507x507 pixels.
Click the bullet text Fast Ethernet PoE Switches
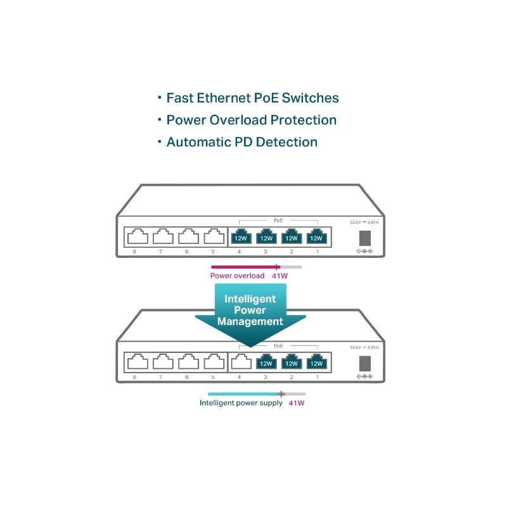(x=252, y=98)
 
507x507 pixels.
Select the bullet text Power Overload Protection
(x=251, y=120)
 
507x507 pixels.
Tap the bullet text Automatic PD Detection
(x=241, y=142)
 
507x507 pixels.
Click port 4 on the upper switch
(x=240, y=237)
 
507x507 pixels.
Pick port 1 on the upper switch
(x=316, y=237)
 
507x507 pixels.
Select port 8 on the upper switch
(x=138, y=237)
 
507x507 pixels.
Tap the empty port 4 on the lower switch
(x=240, y=363)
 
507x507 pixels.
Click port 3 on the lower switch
(x=266, y=363)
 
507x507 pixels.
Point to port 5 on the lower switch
(x=214, y=363)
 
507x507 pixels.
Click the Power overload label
(x=238, y=276)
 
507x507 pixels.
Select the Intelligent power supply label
(x=241, y=402)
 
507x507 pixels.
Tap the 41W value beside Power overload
(x=279, y=276)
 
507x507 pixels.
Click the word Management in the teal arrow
(x=250, y=321)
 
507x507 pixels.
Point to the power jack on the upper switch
(x=365, y=238)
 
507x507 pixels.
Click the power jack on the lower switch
(x=365, y=364)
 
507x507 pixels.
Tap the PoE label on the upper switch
(x=278, y=220)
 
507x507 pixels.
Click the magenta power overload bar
(x=245, y=267)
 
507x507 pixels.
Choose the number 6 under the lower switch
(x=187, y=378)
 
